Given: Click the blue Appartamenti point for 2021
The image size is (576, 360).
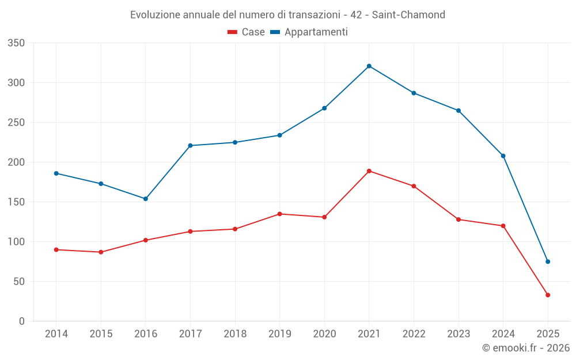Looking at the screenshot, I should click(x=369, y=66).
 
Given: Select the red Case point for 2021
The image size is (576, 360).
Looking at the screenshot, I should click(x=369, y=171).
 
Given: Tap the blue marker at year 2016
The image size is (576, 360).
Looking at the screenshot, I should click(x=146, y=199).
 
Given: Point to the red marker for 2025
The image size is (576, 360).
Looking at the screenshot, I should click(x=548, y=295).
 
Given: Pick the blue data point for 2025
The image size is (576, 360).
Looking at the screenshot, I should click(x=548, y=262).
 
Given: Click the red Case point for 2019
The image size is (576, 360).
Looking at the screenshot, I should click(x=280, y=214).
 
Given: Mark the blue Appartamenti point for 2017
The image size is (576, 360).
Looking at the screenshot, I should click(x=191, y=146).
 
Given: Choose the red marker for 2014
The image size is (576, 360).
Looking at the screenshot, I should click(x=56, y=249).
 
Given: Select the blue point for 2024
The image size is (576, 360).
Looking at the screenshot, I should click(x=503, y=156).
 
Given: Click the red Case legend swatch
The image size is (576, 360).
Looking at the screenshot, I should click(x=233, y=32).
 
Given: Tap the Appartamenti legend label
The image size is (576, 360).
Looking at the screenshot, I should click(x=316, y=32).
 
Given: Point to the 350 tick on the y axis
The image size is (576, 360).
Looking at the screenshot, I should click(x=17, y=43).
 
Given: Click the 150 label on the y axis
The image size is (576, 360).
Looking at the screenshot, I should click(x=17, y=202).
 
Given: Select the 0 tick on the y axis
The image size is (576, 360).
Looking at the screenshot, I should click(x=21, y=321).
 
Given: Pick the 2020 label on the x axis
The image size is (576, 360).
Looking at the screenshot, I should click(x=324, y=334).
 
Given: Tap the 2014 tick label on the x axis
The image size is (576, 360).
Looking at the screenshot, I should click(x=56, y=334).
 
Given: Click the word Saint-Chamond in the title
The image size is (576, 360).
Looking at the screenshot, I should click(x=408, y=15).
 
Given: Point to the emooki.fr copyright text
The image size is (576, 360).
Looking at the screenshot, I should click(x=526, y=348).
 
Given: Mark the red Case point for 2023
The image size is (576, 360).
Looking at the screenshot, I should click(x=458, y=219).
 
